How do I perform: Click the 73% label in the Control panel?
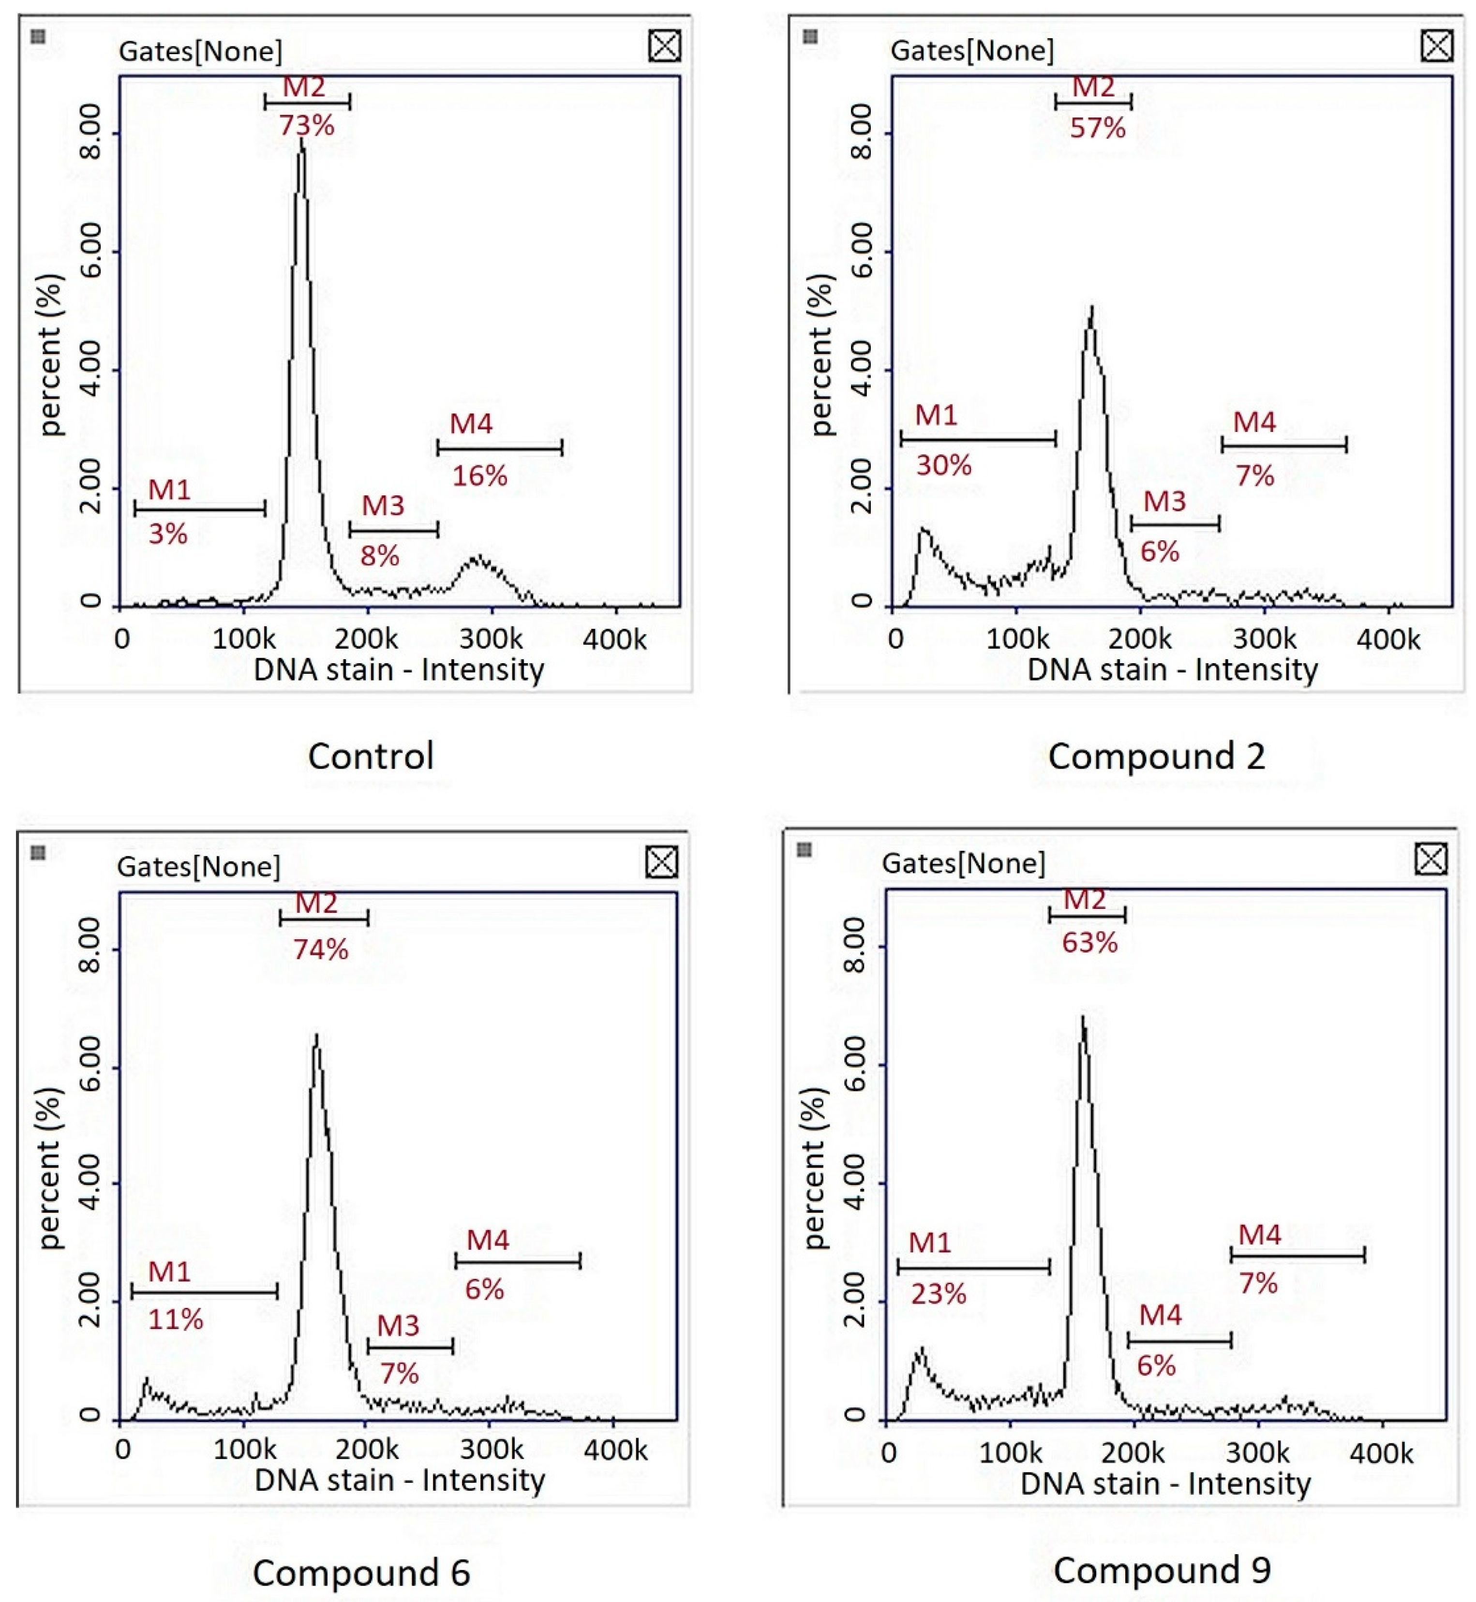307,125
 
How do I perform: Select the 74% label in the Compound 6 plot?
320,949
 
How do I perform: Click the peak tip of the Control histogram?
301,141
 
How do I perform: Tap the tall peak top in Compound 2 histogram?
1091,308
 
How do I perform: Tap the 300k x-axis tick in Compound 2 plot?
1264,639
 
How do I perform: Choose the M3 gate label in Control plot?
383,505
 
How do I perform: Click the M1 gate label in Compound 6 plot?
169,1271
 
